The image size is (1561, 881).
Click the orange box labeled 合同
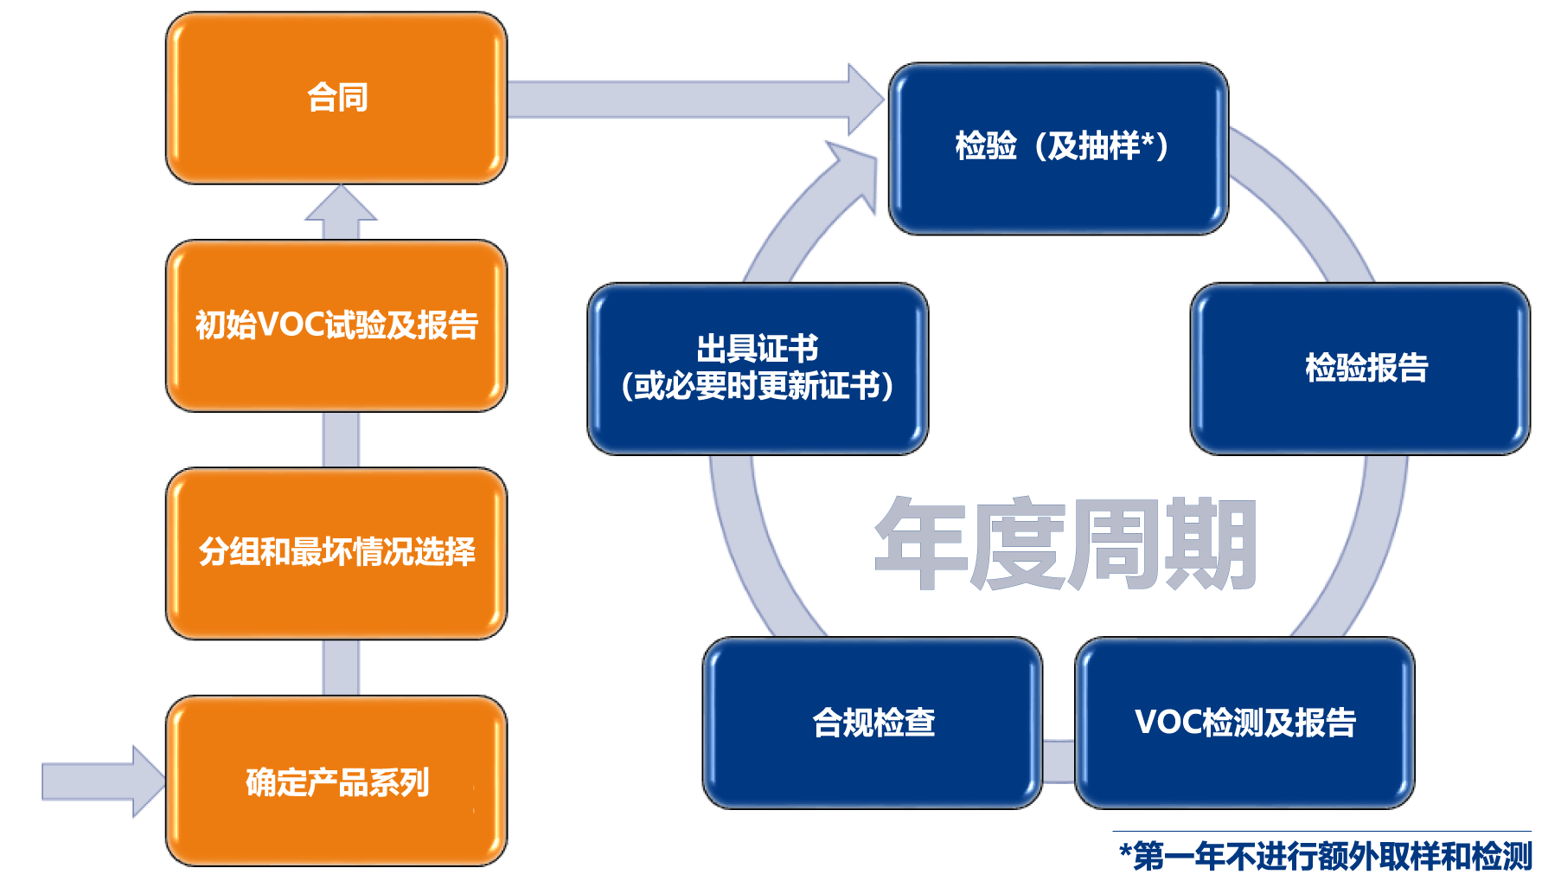(336, 98)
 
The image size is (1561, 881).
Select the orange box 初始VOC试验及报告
(336, 325)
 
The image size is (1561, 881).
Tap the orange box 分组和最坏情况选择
(336, 553)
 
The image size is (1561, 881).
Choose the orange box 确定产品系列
(336, 781)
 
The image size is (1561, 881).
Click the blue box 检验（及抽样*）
(1059, 148)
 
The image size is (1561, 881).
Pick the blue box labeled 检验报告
(1360, 369)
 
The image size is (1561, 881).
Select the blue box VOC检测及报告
(1244, 723)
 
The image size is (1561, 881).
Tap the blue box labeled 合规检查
(873, 723)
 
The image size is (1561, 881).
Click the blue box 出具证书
(758, 369)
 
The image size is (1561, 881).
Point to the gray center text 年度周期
(1065, 543)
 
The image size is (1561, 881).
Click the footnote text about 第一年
(1325, 856)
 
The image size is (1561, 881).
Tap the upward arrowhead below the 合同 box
(341, 204)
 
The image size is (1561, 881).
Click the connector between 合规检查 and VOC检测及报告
(1059, 762)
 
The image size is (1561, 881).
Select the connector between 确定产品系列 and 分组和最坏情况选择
(341, 668)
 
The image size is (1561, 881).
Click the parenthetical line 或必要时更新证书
(758, 386)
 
